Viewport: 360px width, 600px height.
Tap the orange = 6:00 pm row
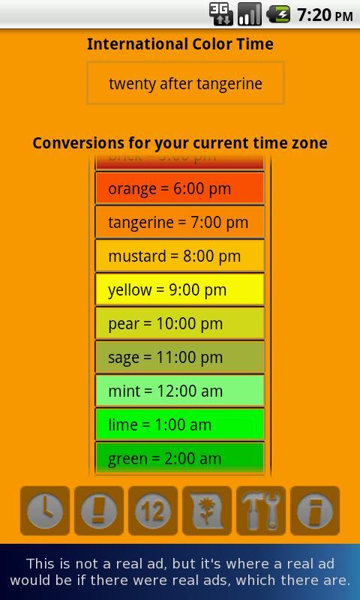coord(180,189)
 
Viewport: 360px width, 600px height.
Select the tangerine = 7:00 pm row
coord(180,223)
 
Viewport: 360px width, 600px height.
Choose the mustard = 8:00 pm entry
coord(180,256)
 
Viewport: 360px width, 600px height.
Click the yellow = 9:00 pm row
coord(180,290)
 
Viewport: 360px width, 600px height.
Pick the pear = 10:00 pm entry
coord(180,324)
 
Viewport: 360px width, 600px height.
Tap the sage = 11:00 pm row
coord(180,358)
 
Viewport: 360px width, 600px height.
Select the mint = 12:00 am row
coord(180,391)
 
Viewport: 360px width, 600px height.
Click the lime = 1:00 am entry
coord(180,425)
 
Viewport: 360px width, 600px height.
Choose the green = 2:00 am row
coord(180,458)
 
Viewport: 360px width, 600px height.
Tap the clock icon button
coord(45,511)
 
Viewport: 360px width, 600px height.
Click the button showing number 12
coord(153,511)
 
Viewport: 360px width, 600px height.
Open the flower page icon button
coord(207,511)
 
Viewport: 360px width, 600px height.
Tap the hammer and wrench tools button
coord(261,511)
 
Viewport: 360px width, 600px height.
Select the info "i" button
coord(315,511)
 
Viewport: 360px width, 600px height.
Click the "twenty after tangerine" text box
coord(185,83)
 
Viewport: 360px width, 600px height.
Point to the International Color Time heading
coord(180,44)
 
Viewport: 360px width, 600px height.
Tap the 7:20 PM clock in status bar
coord(325,14)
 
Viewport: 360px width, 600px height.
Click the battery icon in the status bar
coord(277,14)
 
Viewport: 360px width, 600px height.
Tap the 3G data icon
coord(220,14)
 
